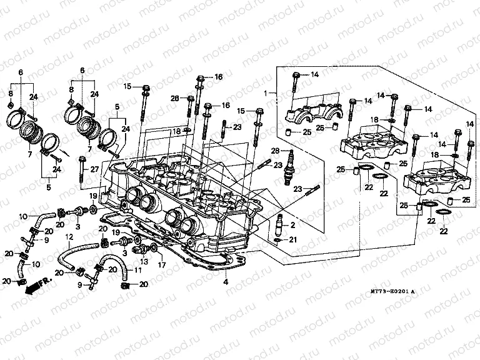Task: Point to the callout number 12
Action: tap(70, 238)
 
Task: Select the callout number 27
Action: tap(95, 169)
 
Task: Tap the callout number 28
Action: tap(274, 152)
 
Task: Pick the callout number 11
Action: tap(137, 271)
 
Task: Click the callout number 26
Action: tap(174, 98)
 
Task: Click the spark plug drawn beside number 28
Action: tap(289, 167)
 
